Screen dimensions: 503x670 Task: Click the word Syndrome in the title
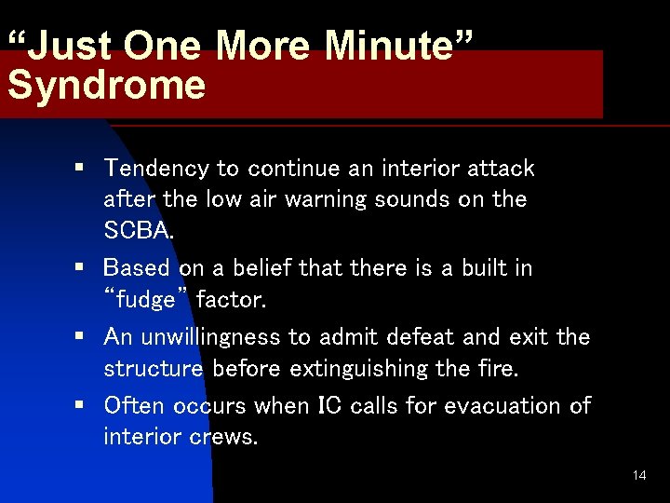pos(106,85)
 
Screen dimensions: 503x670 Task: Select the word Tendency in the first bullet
pos(156,169)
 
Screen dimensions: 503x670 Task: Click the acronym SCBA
pos(136,229)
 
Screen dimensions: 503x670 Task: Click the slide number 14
pos(638,475)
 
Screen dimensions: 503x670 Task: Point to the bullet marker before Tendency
pos(81,169)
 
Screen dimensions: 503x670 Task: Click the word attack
pos(502,169)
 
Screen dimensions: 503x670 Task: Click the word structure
pos(154,368)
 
